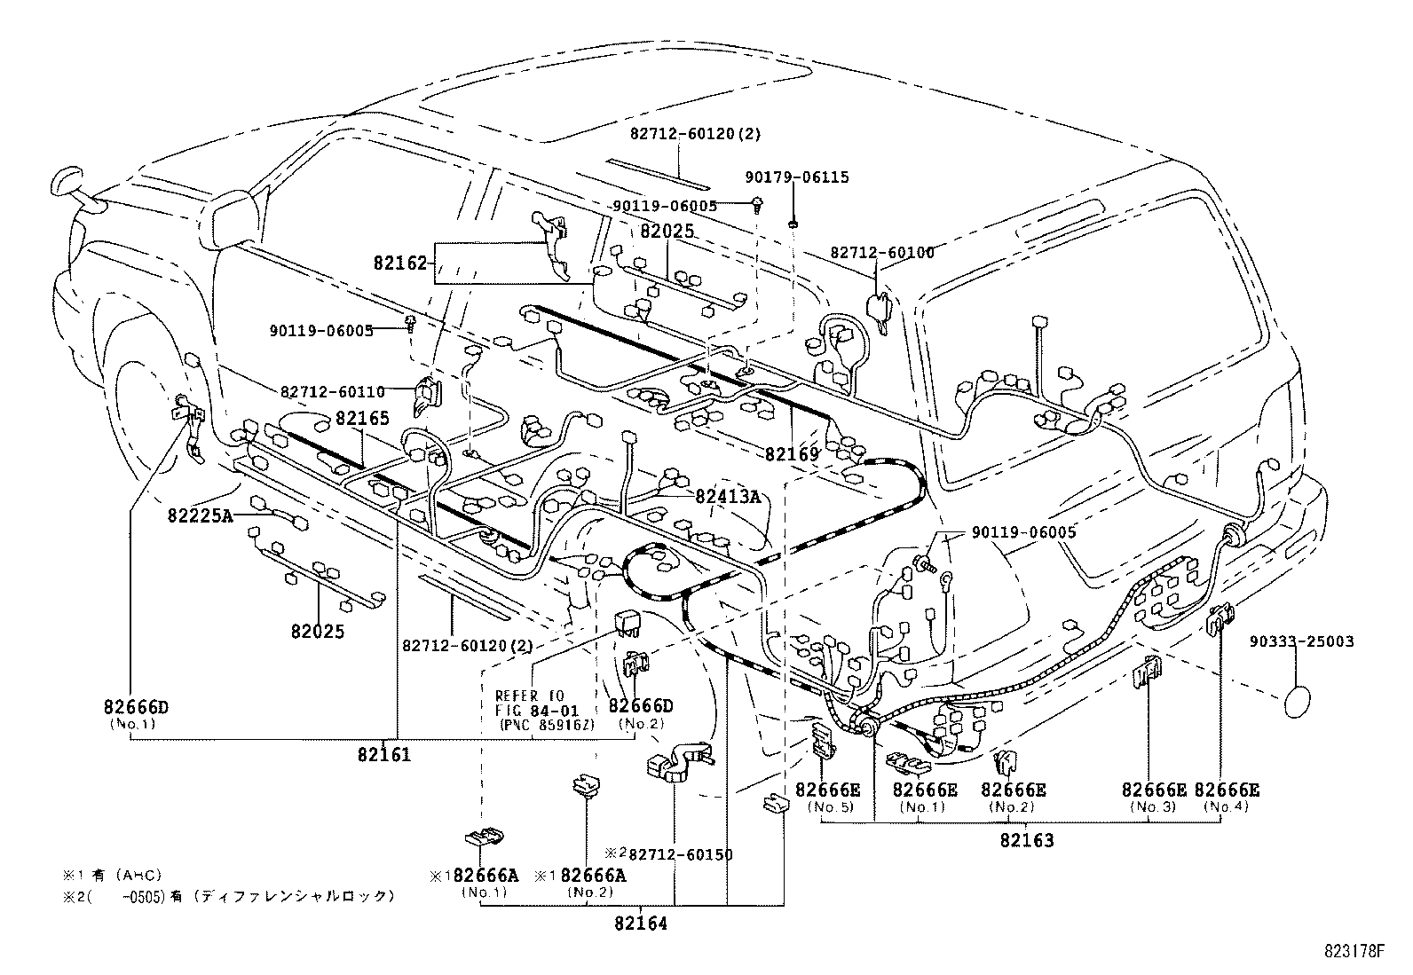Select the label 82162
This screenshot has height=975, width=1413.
400,263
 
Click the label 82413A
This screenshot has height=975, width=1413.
728,497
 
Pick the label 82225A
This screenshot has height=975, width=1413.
199,515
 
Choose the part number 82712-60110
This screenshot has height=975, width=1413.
333,390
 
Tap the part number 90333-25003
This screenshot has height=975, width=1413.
1302,641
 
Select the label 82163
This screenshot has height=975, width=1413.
1026,840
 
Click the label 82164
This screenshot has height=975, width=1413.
639,924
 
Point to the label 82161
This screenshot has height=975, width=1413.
384,755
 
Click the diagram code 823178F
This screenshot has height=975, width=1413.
1354,953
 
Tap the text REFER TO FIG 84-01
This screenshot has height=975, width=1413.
531,702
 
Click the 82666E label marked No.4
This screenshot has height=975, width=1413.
1227,790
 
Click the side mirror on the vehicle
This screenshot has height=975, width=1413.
67,182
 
